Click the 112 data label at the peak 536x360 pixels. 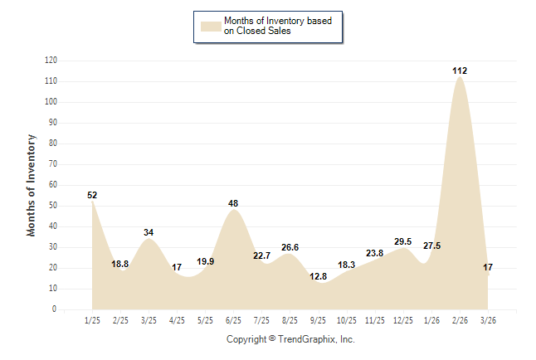coord(460,71)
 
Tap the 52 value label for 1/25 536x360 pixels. coord(92,196)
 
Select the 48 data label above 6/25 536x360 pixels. coord(234,203)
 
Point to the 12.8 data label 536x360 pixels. coord(319,276)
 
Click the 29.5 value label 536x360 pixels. coord(402,241)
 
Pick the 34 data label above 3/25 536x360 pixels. coord(149,233)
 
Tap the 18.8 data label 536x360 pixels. coord(120,265)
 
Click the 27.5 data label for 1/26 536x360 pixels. coord(431,246)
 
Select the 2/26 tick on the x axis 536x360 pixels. coord(460,320)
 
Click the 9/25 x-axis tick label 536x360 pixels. coord(319,320)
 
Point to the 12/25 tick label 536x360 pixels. coord(403,320)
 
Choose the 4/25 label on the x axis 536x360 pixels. coord(177,320)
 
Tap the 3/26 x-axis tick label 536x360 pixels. coord(488,320)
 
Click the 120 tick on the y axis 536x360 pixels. coord(51,61)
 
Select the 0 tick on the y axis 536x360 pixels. coord(55,309)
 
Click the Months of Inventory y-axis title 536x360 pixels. coord(32,185)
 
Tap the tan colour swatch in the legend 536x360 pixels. coord(211,26)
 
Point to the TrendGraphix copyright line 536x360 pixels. coord(290,339)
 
